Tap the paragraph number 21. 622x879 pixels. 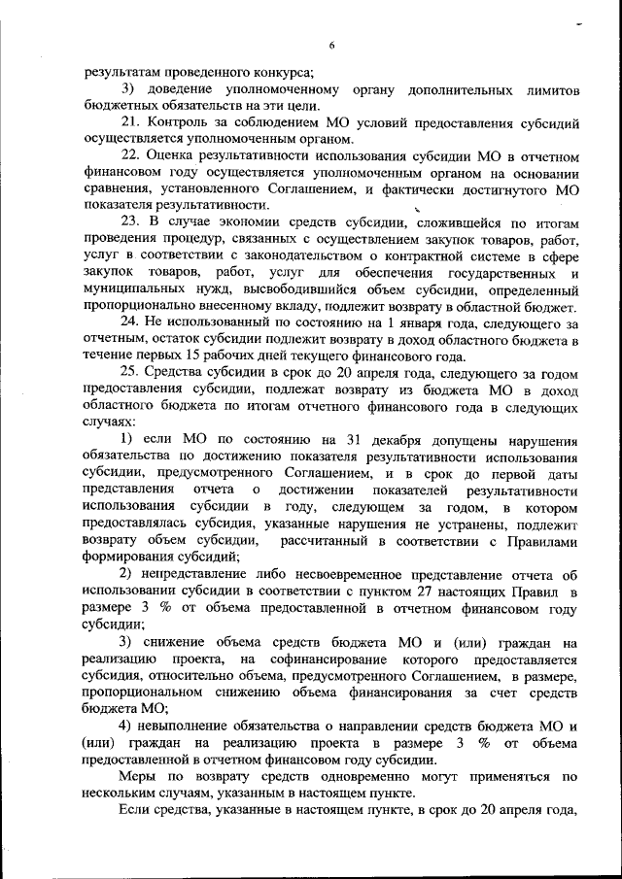pos(130,124)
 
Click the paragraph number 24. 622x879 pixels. pos(130,322)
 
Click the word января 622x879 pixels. pos(451,322)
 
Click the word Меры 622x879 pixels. pos(138,777)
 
